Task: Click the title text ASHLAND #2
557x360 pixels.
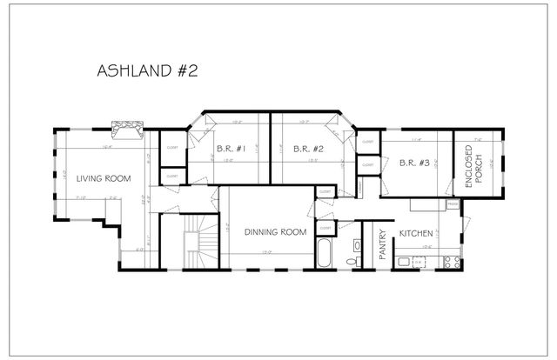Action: point(147,70)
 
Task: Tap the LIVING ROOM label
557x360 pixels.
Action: point(103,178)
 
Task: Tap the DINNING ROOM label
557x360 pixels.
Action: point(275,231)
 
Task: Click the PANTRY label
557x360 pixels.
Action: point(381,243)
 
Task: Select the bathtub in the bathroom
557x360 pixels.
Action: point(324,255)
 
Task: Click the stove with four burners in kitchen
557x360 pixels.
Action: point(451,261)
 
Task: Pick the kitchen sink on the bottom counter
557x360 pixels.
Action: point(406,261)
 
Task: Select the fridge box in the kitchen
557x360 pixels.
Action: point(453,205)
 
